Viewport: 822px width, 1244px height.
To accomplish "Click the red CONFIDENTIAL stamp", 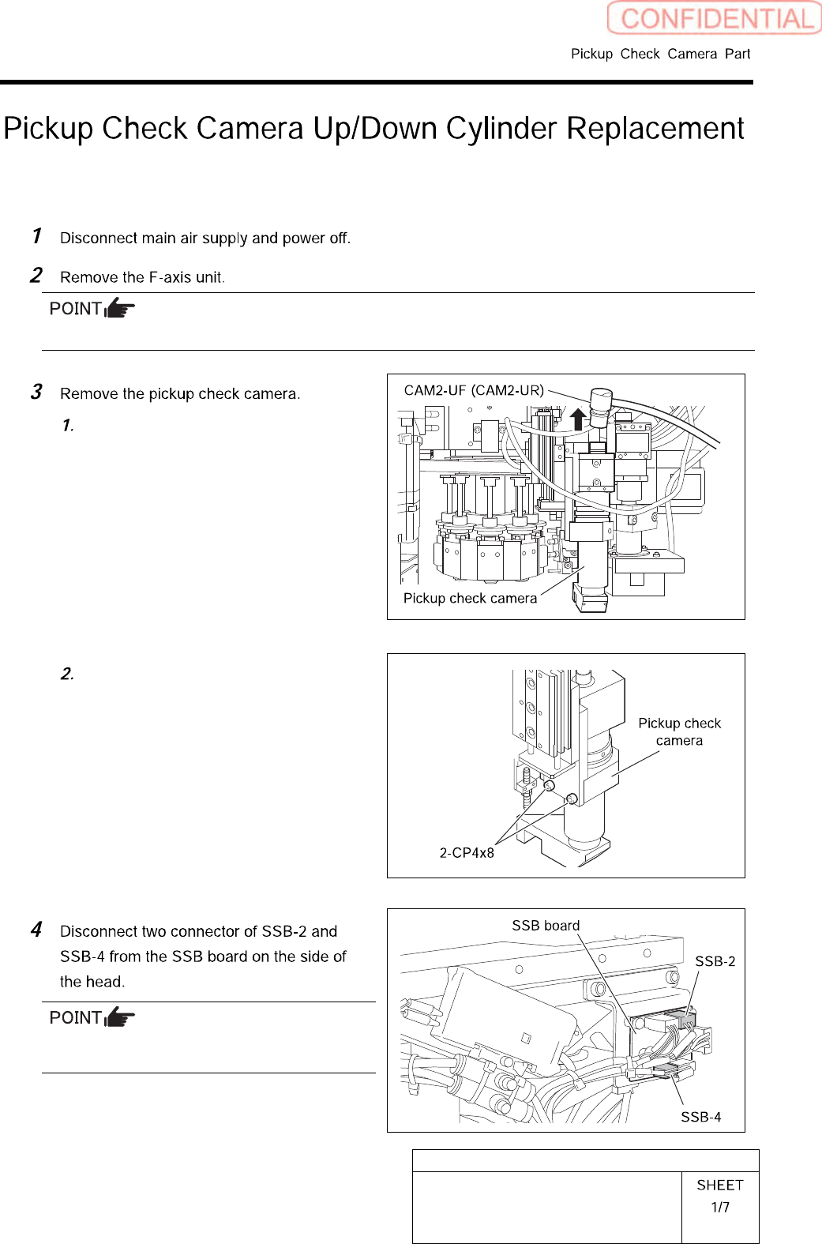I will coord(714,18).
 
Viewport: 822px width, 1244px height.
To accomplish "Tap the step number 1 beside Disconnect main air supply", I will coord(36,236).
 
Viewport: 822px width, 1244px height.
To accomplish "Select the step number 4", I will coord(36,930).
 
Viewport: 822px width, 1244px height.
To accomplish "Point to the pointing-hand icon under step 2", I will coord(119,308).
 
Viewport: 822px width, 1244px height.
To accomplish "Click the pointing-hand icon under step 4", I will coord(119,1017).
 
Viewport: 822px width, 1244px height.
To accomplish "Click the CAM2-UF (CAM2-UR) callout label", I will coord(474,390).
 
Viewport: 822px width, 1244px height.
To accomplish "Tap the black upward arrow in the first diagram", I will coord(578,419).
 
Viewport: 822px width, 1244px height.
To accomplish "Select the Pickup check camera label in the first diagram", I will coord(470,598).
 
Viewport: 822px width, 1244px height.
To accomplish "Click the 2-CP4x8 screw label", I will coord(467,853).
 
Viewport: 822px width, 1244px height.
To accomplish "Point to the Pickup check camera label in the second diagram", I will coord(679,732).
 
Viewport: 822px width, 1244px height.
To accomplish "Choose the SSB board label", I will coord(546,926).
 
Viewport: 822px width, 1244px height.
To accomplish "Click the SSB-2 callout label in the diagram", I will coord(715,961).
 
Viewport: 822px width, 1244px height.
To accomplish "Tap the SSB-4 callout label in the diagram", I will coord(700,1117).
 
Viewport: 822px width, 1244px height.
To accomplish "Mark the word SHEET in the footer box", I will coord(719,1185).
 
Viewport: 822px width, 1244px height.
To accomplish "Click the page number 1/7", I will coord(719,1207).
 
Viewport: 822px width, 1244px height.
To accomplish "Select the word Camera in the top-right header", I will coord(692,54).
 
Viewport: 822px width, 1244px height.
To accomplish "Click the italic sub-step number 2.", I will coord(67,674).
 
